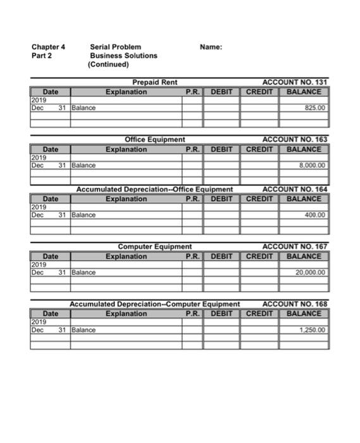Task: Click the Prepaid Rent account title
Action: pyautogui.click(x=155, y=82)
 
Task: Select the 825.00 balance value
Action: pyautogui.click(x=314, y=108)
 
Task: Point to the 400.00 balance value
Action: pyautogui.click(x=314, y=215)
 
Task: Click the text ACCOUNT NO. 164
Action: pyautogui.click(x=295, y=189)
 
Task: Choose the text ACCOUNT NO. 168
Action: pyautogui.click(x=295, y=304)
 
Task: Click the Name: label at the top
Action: pyautogui.click(x=211, y=47)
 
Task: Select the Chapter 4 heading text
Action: pyautogui.click(x=48, y=47)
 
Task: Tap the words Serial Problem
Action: pyautogui.click(x=116, y=47)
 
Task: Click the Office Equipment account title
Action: pyautogui.click(x=155, y=139)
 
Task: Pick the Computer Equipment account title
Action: pyautogui.click(x=155, y=246)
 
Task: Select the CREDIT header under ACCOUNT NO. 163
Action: pyautogui.click(x=259, y=149)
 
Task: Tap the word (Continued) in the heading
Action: pyautogui.click(x=109, y=65)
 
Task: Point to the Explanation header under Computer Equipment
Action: pyautogui.click(x=127, y=256)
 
